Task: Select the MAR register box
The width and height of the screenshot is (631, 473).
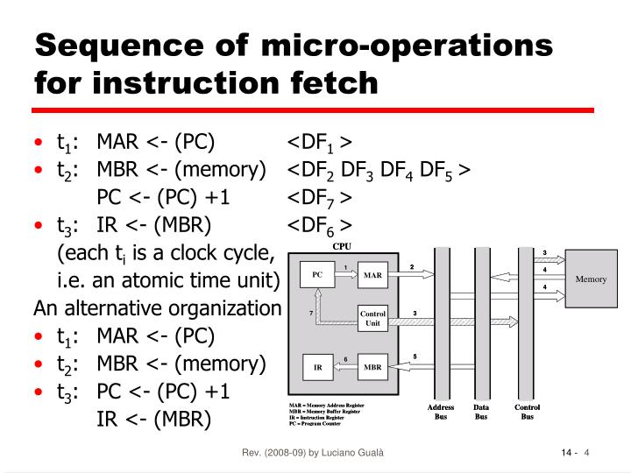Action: click(x=373, y=276)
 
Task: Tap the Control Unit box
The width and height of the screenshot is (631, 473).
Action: click(x=373, y=318)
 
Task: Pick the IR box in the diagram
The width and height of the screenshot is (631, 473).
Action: click(x=317, y=367)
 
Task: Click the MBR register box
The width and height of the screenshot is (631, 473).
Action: click(x=373, y=367)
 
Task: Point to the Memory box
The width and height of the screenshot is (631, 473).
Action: click(x=591, y=279)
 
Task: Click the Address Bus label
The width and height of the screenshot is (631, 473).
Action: click(x=441, y=413)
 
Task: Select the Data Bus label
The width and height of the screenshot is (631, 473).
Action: click(x=481, y=413)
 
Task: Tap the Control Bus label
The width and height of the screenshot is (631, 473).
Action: click(x=527, y=413)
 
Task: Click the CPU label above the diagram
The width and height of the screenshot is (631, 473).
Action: click(x=341, y=246)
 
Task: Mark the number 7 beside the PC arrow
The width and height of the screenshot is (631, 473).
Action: click(x=310, y=313)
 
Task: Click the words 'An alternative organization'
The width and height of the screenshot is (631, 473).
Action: click(x=157, y=309)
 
